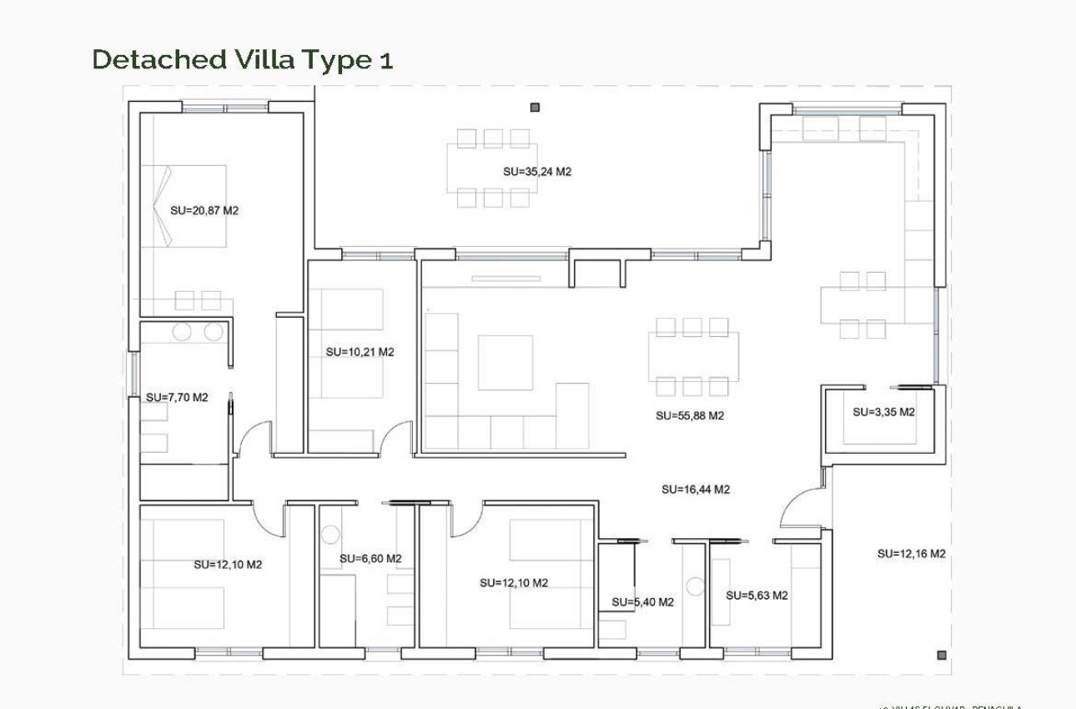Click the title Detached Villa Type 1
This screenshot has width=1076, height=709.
242,60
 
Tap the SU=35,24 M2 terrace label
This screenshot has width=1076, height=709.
537,172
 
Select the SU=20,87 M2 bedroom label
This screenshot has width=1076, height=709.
204,211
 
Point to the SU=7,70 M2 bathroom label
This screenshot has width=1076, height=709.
177,398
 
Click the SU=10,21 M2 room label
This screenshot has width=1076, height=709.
360,352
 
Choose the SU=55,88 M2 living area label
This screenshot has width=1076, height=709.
690,415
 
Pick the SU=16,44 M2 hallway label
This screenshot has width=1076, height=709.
696,490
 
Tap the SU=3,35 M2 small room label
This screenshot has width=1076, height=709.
883,412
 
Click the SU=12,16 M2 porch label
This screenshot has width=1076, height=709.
911,554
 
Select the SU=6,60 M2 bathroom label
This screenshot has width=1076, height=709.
370,558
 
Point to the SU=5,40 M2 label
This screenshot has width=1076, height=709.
642,602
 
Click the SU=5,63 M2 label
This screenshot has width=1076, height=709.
757,596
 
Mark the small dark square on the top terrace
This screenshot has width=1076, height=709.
535,107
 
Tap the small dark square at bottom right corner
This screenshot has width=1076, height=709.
942,656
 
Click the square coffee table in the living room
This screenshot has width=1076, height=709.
505,363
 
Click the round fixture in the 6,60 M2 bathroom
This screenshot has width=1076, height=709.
330,535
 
